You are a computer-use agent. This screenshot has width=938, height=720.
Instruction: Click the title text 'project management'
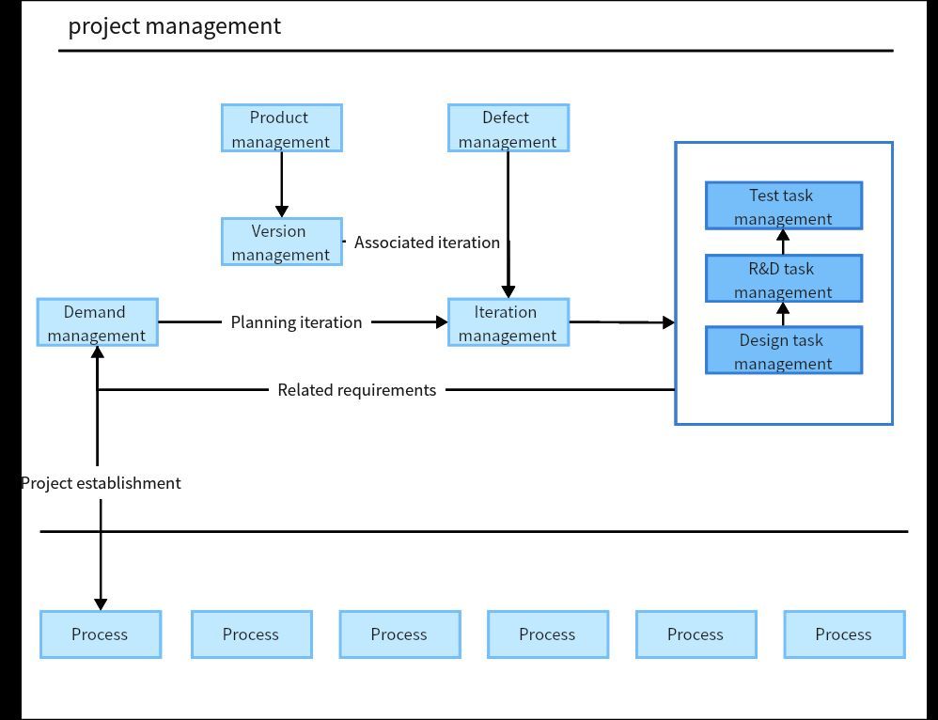tap(174, 26)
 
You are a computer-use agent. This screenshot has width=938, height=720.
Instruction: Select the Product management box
tap(281, 129)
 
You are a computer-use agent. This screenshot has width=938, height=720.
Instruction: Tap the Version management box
tap(281, 243)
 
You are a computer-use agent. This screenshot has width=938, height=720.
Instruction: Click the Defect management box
tap(508, 129)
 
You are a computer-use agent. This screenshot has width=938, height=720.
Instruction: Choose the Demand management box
tap(97, 323)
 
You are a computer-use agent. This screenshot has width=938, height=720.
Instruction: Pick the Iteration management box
tap(508, 323)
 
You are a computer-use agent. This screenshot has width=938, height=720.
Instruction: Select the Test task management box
tap(783, 207)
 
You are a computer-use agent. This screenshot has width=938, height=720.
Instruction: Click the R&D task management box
tap(783, 279)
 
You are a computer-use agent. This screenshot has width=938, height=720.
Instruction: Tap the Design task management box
tap(783, 352)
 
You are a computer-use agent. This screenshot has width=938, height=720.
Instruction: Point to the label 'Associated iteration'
tap(427, 243)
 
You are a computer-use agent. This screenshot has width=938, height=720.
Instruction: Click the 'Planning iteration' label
tap(296, 322)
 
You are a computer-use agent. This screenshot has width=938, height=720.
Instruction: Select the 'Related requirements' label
tap(356, 390)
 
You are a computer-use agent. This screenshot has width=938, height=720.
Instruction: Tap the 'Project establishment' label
tap(101, 483)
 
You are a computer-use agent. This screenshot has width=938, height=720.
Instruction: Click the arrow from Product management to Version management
tap(281, 184)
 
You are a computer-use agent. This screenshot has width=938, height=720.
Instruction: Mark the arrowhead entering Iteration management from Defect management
tap(508, 291)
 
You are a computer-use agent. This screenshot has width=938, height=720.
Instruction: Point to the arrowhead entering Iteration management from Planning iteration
tap(441, 322)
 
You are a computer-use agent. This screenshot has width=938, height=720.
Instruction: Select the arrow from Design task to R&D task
tap(783, 314)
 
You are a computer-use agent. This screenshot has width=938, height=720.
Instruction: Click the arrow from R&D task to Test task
tap(783, 242)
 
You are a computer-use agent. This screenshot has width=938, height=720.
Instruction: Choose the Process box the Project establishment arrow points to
tap(101, 634)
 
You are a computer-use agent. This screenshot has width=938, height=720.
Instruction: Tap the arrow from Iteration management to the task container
tap(620, 322)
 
